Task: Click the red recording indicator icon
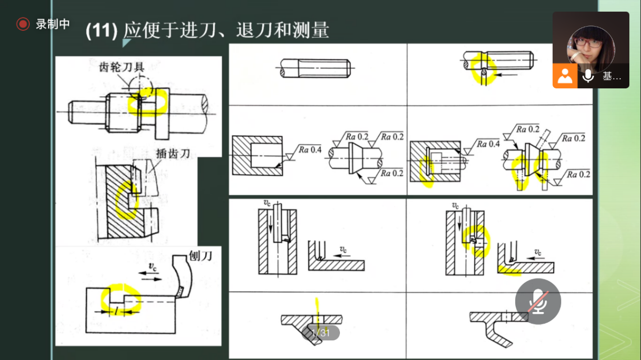coord(22,24)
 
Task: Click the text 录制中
coord(53,24)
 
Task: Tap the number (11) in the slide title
coord(101,30)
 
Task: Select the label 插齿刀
coord(173,153)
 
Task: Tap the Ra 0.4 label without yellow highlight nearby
coord(310,149)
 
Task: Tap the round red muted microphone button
coord(538,301)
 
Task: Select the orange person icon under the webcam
coord(565,76)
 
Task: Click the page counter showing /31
coord(321,333)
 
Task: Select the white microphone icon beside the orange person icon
coord(588,76)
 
